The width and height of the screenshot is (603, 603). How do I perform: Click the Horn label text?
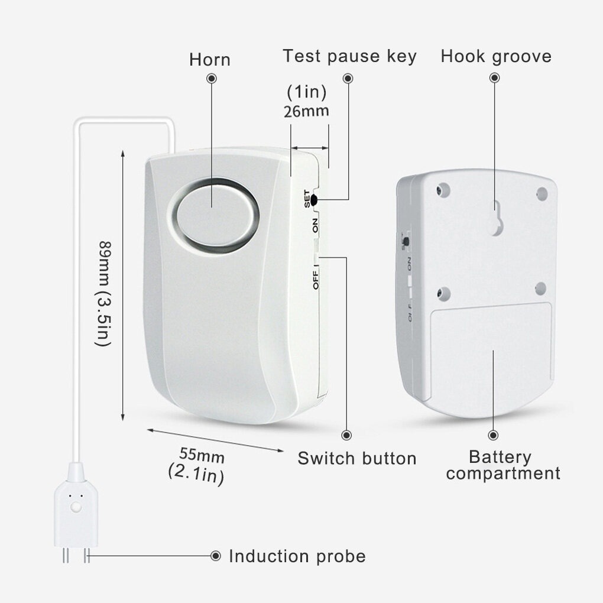click(x=210, y=60)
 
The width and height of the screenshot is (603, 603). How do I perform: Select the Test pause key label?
click(x=349, y=57)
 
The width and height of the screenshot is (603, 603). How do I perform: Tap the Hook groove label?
click(x=496, y=57)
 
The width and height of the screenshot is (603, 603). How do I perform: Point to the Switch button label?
click(x=357, y=458)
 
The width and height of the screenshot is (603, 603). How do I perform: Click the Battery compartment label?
click(x=503, y=465)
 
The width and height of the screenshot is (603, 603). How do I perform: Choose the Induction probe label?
click(x=297, y=556)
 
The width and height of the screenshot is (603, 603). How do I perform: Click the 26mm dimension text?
click(x=306, y=111)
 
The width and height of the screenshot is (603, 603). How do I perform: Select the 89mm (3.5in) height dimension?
click(x=103, y=293)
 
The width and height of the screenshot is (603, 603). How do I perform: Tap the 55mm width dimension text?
click(x=202, y=455)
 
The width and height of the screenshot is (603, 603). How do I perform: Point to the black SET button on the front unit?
click(x=313, y=200)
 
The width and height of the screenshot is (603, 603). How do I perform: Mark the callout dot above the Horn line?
click(x=212, y=79)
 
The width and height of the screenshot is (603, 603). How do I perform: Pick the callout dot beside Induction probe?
click(x=216, y=556)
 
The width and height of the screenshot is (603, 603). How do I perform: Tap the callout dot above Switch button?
click(x=346, y=435)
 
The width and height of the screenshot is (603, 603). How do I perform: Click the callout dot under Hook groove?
click(x=495, y=78)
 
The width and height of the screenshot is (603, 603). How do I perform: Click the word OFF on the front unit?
click(x=315, y=280)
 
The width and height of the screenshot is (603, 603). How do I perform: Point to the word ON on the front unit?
click(x=315, y=225)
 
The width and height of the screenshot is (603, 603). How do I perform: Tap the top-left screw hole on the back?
click(x=443, y=190)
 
